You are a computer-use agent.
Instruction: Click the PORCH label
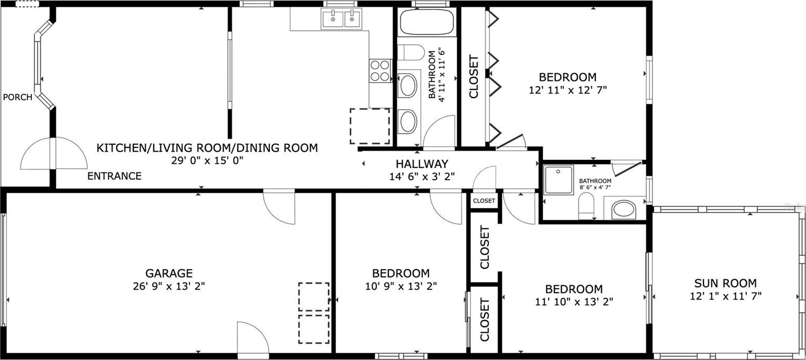click(x=18, y=97)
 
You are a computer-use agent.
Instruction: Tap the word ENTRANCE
click(x=114, y=176)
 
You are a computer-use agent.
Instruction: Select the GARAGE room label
click(x=169, y=273)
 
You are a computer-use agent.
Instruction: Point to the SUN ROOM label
click(x=726, y=283)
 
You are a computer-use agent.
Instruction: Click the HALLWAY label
click(x=422, y=164)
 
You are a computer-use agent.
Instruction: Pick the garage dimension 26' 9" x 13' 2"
click(x=169, y=286)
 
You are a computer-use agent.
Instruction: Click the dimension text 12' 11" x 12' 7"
click(x=568, y=90)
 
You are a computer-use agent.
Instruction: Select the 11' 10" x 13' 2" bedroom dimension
click(x=574, y=301)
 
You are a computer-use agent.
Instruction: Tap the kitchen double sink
click(x=341, y=18)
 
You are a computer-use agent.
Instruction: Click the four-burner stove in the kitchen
click(x=381, y=71)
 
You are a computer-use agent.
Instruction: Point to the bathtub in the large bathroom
click(x=427, y=21)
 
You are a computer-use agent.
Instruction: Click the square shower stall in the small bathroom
click(x=558, y=180)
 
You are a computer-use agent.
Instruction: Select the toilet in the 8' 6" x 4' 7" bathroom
click(x=586, y=206)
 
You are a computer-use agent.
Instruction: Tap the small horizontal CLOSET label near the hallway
click(x=484, y=201)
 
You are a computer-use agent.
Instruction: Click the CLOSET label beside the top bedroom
click(x=474, y=76)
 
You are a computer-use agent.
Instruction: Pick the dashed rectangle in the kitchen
click(x=370, y=126)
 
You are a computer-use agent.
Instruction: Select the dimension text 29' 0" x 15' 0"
click(x=208, y=160)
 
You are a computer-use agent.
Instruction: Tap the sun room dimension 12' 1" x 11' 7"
click(x=726, y=296)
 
